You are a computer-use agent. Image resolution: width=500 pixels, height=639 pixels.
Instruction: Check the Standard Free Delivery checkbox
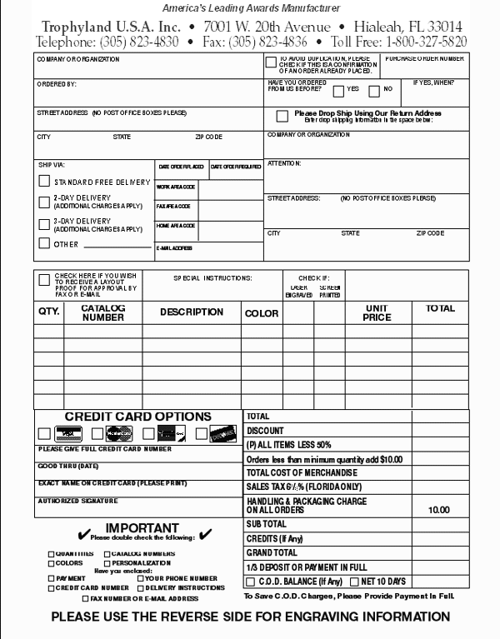(44, 181)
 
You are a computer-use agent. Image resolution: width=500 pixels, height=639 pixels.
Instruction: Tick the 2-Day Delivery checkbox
(44, 201)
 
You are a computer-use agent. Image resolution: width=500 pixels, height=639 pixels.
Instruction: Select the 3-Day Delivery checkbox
(44, 223)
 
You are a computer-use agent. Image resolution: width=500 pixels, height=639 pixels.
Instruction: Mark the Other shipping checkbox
(44, 243)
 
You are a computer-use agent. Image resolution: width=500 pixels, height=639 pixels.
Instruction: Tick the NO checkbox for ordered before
(374, 90)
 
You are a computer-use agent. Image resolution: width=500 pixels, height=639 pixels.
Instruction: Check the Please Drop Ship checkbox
(282, 116)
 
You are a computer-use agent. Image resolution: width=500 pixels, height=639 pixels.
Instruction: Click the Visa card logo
(67, 433)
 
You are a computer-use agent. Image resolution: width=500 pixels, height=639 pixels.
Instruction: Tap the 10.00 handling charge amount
(438, 509)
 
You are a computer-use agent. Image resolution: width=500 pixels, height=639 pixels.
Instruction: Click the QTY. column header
(49, 311)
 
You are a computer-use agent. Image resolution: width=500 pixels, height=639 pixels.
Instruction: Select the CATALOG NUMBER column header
(103, 312)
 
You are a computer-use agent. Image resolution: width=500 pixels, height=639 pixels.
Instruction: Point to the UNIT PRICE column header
(377, 312)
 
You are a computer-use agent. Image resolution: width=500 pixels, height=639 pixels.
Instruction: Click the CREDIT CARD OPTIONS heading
(138, 417)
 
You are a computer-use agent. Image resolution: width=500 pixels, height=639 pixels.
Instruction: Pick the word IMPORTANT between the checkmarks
(142, 527)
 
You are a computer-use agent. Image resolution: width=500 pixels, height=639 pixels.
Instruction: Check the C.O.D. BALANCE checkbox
(250, 582)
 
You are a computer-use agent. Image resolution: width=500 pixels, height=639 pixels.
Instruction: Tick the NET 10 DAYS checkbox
(354, 582)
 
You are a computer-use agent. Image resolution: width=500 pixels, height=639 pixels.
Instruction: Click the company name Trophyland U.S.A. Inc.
(99, 26)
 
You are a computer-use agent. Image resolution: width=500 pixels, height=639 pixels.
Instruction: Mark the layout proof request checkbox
(44, 280)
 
